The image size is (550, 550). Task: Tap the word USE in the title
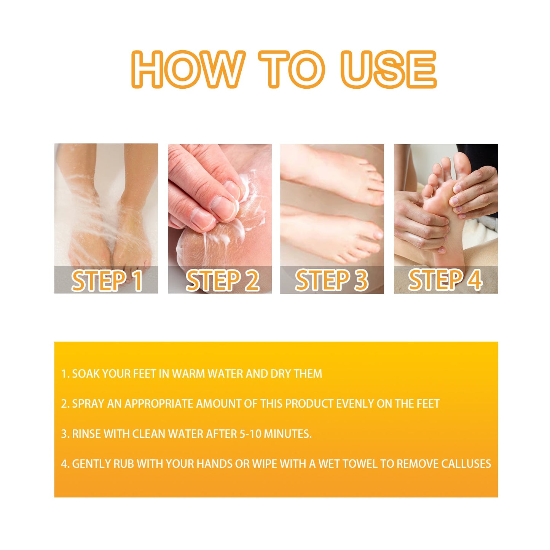pos(388,70)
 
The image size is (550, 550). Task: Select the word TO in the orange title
pos(291,70)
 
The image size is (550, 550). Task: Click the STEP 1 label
pos(107,281)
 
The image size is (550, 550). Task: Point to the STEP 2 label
pos(222,281)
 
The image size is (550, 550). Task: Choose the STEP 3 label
pos(332,281)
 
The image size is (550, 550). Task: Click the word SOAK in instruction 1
pos(86,374)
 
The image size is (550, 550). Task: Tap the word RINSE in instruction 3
pos(86,434)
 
